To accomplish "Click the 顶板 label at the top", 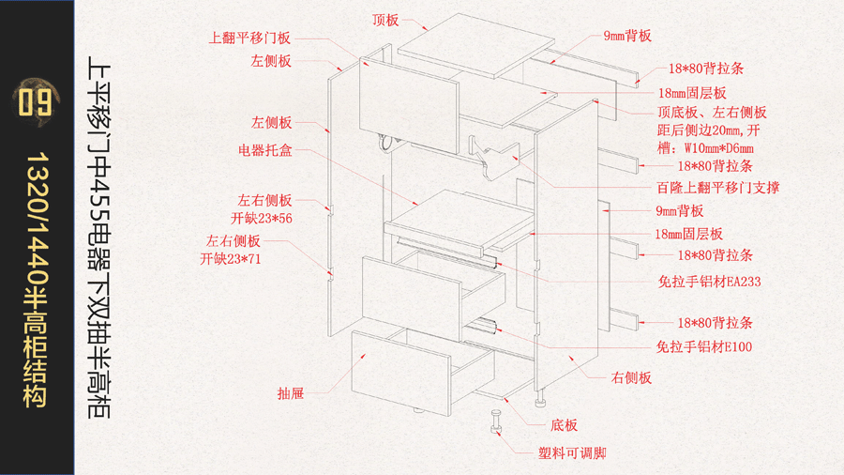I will pos(385,19).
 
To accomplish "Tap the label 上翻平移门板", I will pos(249,38).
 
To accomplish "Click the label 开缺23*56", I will pos(264,218).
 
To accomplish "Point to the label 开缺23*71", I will pos(231,258).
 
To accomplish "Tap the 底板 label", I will pos(564,424).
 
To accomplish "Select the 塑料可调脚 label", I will pos(572,453).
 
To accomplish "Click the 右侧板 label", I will pos(631,377).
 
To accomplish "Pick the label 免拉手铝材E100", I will pos(704,346).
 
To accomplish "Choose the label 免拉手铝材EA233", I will pos(709,280).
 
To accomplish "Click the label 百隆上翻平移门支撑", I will pos(718,188).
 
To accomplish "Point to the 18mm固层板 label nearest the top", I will pos(692,93).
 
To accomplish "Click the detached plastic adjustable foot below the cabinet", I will pos(495,422).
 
